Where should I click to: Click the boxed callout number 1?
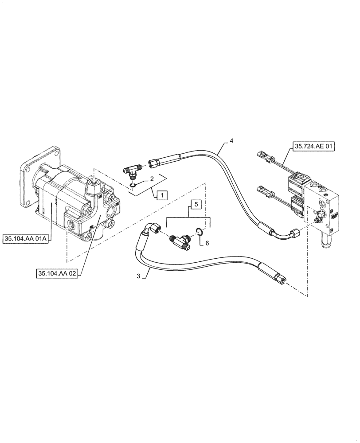(162, 194)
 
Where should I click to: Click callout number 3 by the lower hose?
(138, 276)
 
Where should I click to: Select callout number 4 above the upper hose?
(231, 141)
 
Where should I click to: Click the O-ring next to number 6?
(200, 230)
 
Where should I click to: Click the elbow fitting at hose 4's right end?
(294, 232)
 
